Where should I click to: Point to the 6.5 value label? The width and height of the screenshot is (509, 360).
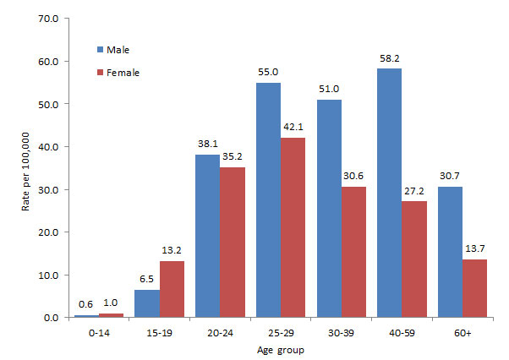pos(147,279)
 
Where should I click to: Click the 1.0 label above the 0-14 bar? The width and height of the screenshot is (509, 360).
pos(111,303)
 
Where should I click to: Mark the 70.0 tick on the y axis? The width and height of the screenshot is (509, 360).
pos(46,19)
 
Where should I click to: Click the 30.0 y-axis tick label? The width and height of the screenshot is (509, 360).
pos(46,189)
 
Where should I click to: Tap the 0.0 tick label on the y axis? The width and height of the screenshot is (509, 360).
pos(48,318)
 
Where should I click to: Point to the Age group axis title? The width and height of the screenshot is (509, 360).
pos(279,350)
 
